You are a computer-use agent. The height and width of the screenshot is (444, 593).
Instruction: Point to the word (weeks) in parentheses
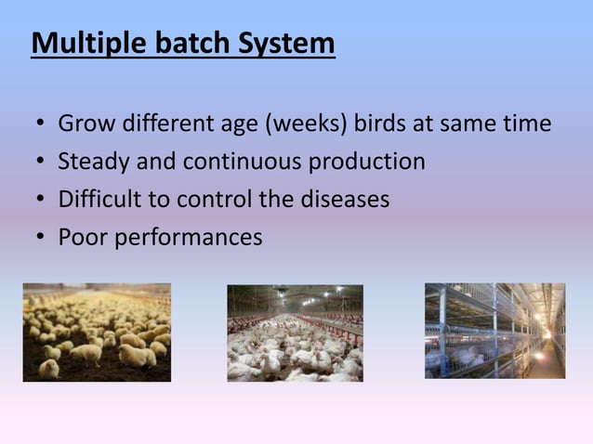[x=301, y=124]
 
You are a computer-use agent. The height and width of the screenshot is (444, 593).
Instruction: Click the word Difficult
[x=99, y=200]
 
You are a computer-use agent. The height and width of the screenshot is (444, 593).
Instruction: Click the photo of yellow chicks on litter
[x=97, y=332]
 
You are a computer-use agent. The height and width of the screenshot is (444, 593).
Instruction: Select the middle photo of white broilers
[x=295, y=333]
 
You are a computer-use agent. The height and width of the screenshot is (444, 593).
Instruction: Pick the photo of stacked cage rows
[x=494, y=331]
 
